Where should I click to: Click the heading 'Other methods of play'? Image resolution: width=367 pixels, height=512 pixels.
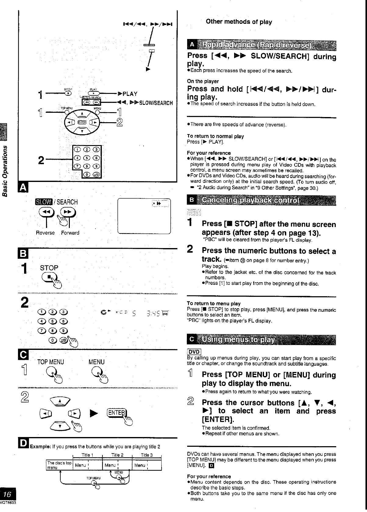point(239,22)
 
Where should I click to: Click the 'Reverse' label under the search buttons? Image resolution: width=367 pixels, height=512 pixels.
point(45,233)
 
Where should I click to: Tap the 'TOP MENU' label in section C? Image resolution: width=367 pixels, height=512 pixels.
point(51,362)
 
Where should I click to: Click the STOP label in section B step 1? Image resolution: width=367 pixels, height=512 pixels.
point(49,268)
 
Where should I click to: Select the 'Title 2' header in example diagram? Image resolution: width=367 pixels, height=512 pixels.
point(117,455)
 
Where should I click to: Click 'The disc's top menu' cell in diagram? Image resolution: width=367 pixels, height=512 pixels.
point(59,465)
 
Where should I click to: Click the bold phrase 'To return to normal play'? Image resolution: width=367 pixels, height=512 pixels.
point(215,136)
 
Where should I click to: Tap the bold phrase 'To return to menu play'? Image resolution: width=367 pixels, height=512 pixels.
point(213,304)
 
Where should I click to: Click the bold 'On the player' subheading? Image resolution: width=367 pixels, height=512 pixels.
point(203,81)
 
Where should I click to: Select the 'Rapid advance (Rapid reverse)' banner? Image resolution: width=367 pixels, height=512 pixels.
point(262,45)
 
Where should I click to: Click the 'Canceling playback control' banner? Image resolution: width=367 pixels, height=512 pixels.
point(262,201)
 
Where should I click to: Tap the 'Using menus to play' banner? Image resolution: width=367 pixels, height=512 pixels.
point(262,340)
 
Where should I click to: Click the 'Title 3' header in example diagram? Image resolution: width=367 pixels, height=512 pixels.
point(147,455)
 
